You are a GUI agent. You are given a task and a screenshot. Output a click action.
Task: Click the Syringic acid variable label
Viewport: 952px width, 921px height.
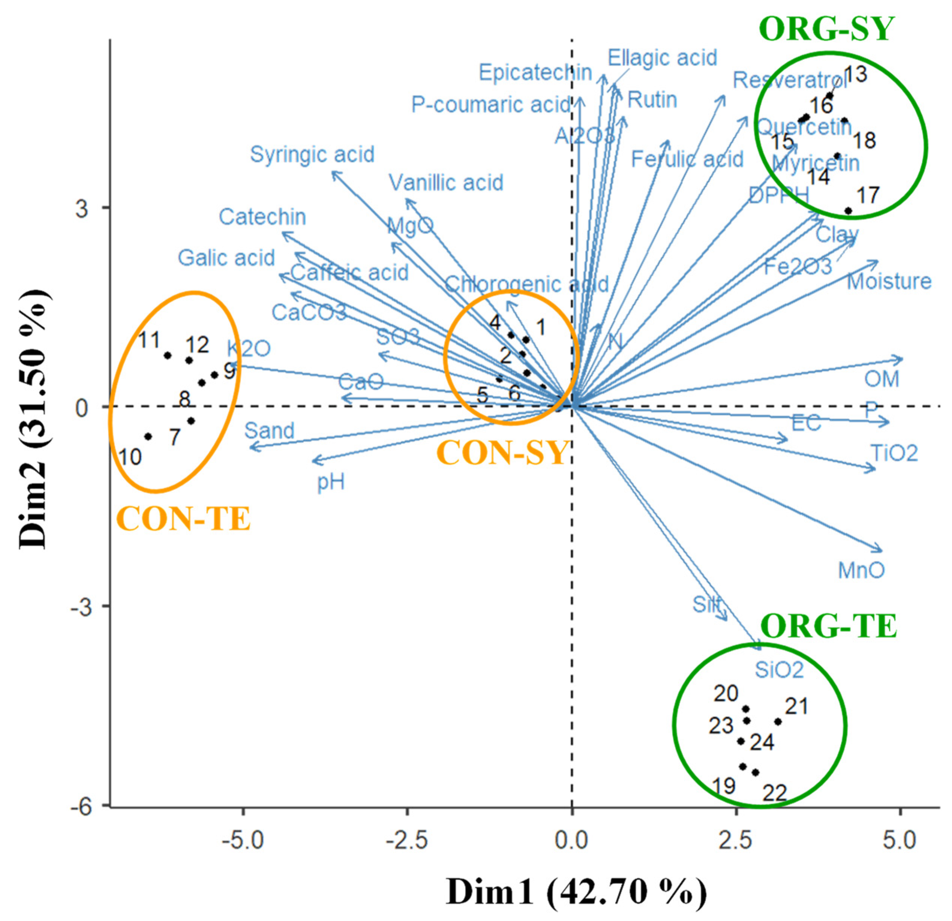pos(312,155)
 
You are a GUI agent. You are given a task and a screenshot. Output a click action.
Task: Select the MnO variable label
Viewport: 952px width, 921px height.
pos(861,570)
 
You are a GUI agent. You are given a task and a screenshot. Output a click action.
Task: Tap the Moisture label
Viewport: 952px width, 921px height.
pos(889,281)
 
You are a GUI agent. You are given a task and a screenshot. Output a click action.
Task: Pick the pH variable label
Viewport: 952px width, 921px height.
pos(331,482)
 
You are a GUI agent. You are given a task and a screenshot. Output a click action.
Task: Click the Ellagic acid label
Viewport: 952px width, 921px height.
pos(663,58)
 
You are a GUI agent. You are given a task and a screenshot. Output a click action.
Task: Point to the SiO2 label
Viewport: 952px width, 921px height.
pos(779,671)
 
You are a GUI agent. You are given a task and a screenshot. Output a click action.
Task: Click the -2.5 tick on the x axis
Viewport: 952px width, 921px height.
pos(407,840)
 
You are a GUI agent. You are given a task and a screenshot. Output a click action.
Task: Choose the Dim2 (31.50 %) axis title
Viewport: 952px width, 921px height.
pos(33,419)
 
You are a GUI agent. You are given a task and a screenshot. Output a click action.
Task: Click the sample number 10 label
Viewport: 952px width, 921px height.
pos(130,457)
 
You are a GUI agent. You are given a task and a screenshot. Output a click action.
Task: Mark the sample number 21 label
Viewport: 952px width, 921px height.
pos(796,706)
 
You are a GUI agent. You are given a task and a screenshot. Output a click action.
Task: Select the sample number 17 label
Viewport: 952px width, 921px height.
pos(868,195)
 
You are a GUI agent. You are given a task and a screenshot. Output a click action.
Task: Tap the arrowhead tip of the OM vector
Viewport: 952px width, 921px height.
pos(902,359)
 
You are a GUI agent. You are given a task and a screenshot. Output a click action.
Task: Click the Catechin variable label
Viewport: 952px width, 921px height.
pos(262,217)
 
